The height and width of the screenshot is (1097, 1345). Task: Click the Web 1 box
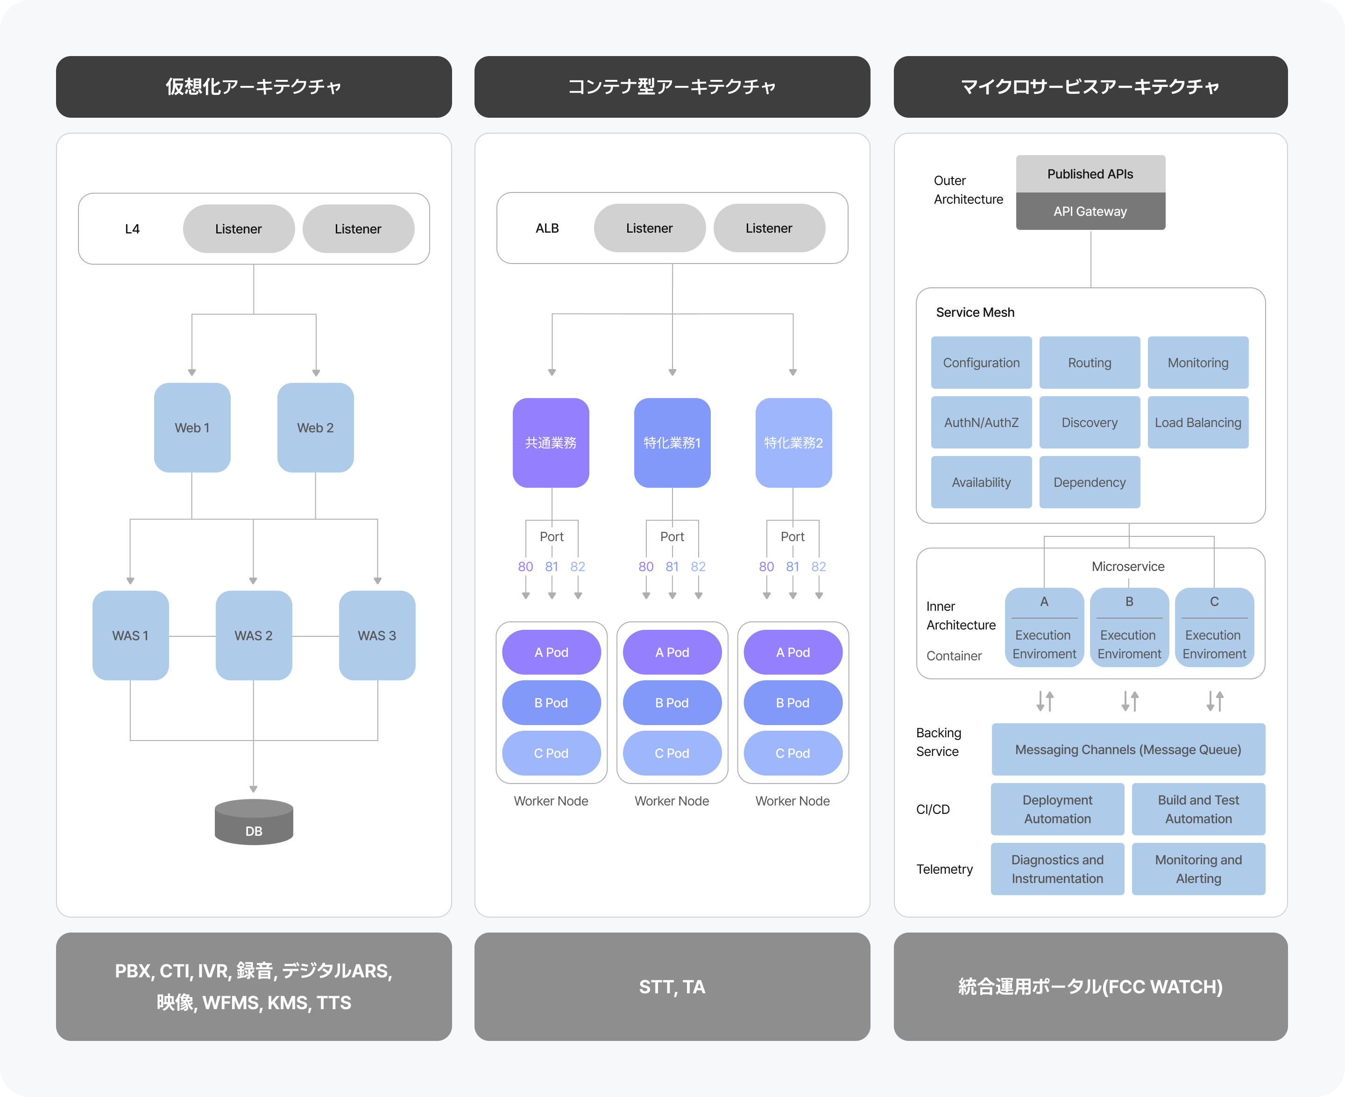click(192, 428)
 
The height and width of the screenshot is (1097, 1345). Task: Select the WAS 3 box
click(377, 636)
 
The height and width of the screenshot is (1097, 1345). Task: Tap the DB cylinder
click(254, 823)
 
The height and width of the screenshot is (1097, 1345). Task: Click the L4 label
click(132, 229)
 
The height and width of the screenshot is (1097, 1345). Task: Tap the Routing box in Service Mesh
click(1089, 363)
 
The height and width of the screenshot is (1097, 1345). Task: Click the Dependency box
click(1089, 483)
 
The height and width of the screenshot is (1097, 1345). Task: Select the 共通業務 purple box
click(551, 443)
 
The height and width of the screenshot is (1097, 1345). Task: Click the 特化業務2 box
click(793, 443)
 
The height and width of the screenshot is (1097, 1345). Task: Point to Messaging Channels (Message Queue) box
click(1128, 750)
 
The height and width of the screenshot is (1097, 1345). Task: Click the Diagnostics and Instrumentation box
click(1057, 869)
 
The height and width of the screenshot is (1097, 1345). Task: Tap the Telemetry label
click(944, 869)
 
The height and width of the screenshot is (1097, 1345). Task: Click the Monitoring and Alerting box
click(1198, 869)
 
